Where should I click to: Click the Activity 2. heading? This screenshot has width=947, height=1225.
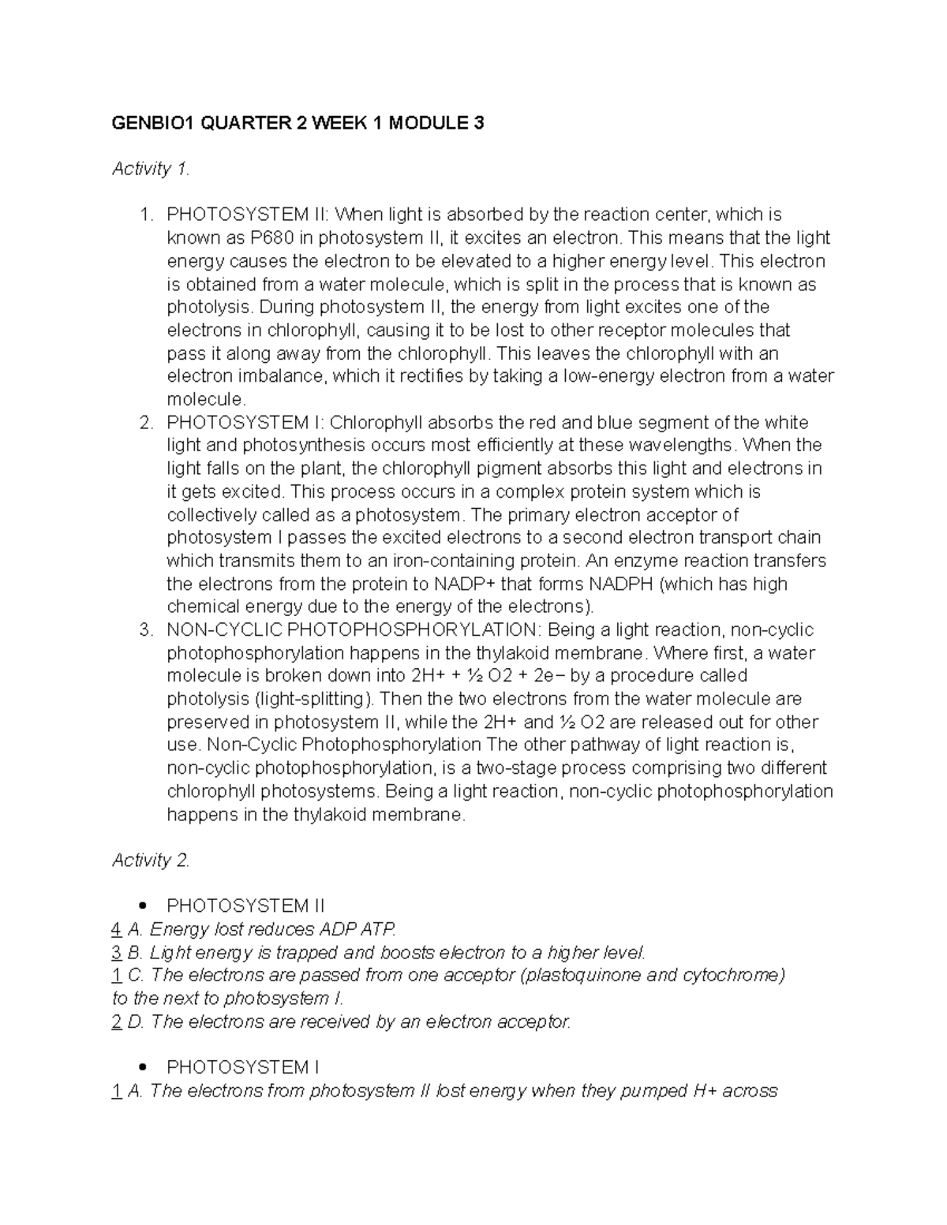point(151,860)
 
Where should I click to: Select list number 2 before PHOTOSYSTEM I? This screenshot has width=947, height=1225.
point(145,423)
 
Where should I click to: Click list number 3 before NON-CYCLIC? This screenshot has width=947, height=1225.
point(145,630)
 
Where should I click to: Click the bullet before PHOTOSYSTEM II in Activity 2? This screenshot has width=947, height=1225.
point(143,906)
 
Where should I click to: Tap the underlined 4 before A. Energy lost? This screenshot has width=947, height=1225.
point(117,928)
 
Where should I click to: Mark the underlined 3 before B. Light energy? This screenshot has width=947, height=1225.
point(117,952)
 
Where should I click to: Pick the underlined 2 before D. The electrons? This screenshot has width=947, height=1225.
point(117,1021)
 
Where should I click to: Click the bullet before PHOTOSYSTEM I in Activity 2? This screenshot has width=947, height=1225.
point(143,1068)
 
